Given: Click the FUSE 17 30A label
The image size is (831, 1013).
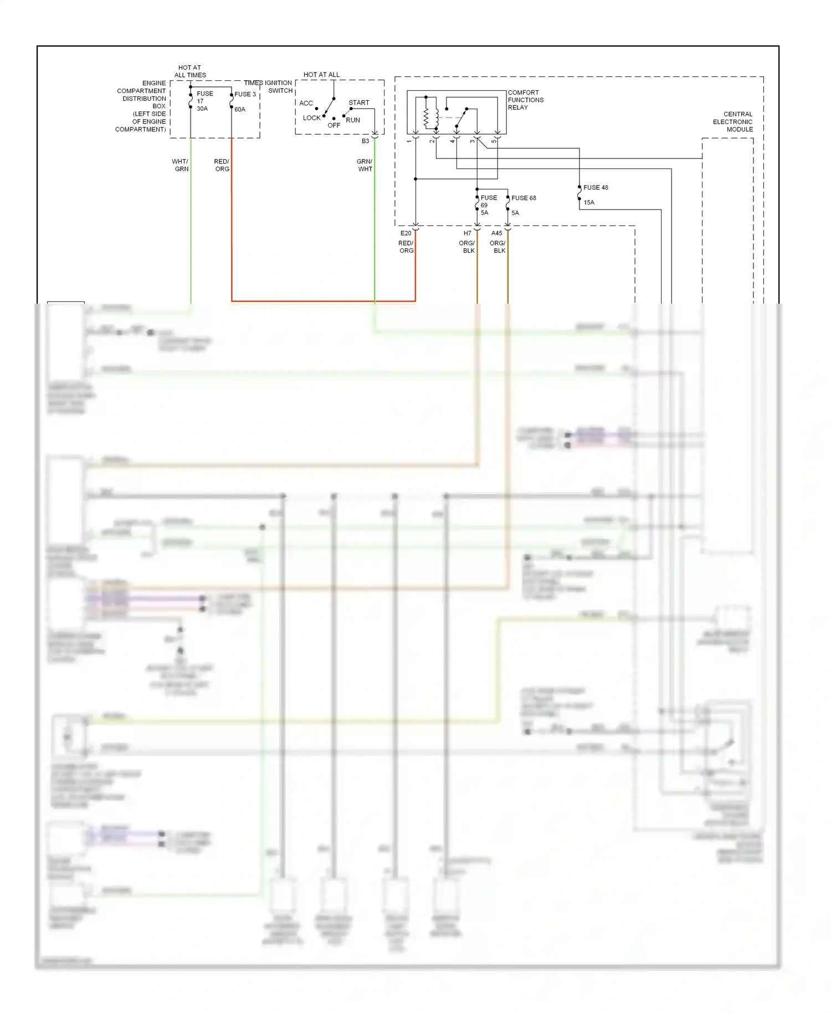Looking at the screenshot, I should [x=204, y=101].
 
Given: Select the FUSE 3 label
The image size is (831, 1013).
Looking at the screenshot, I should [x=245, y=94].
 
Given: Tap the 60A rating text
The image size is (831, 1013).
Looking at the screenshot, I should [x=240, y=109].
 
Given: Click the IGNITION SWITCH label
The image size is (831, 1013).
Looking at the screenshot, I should [x=280, y=86].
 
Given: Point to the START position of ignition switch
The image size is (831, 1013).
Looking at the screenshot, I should [x=359, y=103].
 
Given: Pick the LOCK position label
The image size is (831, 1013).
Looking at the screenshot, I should [x=311, y=118].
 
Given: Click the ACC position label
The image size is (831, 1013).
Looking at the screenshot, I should [x=306, y=103].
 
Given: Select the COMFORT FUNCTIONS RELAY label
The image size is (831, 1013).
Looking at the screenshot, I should [x=525, y=100].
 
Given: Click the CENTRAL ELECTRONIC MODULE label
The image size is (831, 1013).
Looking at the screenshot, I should [x=732, y=121].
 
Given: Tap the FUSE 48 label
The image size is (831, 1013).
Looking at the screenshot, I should [x=596, y=187].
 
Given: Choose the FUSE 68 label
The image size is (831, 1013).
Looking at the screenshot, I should [x=524, y=198].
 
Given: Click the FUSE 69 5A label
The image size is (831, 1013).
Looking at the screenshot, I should [x=488, y=205].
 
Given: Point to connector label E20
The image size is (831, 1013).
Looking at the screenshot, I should [x=406, y=233].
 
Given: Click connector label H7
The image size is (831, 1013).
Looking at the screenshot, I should [x=468, y=233].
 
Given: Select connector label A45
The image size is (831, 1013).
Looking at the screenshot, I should [x=496, y=233].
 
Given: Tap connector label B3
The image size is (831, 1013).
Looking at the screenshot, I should [x=365, y=141].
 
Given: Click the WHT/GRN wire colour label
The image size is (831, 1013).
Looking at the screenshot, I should [x=181, y=165].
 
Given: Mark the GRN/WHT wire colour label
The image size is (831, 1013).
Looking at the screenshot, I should [x=365, y=165].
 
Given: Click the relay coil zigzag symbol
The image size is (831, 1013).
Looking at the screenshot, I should [x=426, y=116].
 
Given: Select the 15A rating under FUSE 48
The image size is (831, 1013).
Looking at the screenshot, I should [x=589, y=202].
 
